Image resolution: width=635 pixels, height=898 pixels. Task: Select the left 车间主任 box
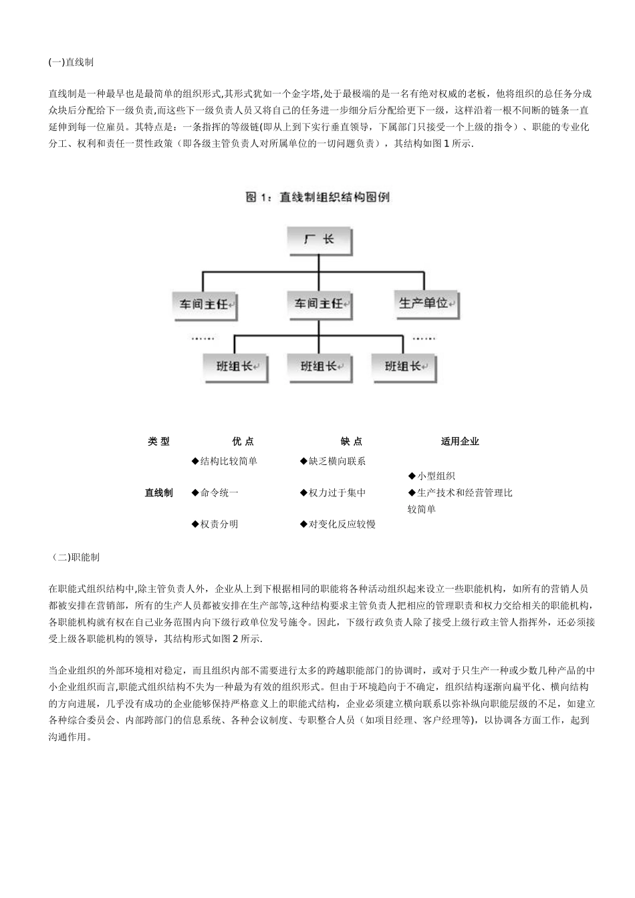(204, 304)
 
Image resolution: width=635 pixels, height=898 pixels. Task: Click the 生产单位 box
(425, 303)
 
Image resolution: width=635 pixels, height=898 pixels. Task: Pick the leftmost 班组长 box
(235, 366)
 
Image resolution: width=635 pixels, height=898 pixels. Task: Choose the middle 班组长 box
(319, 366)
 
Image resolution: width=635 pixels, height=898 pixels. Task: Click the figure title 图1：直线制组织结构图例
(317, 196)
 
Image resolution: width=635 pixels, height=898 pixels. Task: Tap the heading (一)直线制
(71, 62)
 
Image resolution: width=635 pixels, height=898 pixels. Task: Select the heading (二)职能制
(75, 557)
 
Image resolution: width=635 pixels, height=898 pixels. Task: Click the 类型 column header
(158, 441)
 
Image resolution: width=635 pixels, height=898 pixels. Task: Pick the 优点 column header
(243, 441)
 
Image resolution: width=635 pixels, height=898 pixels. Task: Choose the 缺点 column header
(351, 441)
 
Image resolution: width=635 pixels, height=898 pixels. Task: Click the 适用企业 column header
(460, 441)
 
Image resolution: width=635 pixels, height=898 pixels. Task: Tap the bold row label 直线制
(158, 492)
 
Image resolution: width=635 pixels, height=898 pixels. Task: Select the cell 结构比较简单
(225, 461)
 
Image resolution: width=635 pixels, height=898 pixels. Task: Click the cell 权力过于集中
(333, 492)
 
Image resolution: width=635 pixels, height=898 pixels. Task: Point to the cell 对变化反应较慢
(338, 524)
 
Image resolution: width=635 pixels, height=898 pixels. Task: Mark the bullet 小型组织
(432, 476)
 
